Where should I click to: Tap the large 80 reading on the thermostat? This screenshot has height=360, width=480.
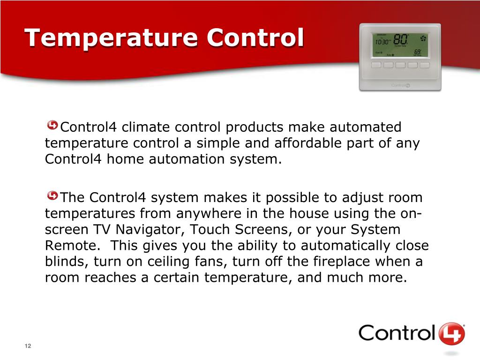[400, 39]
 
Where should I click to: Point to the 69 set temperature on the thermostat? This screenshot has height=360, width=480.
[417, 51]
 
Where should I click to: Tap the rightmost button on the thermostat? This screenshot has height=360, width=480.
[425, 65]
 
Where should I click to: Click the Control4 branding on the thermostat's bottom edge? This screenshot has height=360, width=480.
[400, 85]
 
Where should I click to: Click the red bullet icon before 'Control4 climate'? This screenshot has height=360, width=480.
[53, 126]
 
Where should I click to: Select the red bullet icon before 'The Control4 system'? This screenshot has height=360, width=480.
[53, 195]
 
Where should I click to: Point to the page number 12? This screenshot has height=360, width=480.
[28, 346]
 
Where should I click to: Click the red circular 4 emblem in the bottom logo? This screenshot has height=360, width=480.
[452, 334]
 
